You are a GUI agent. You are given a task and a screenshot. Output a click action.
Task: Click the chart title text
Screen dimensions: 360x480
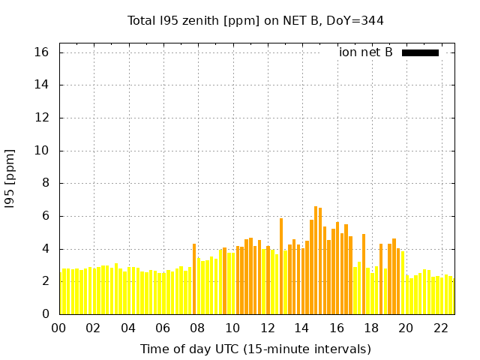click(255, 20)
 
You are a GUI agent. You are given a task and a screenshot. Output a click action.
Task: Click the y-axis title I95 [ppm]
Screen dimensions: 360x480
click(10, 178)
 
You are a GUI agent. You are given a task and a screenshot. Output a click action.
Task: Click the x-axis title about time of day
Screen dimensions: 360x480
click(255, 349)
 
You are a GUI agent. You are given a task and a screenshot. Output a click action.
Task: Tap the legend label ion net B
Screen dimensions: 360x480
click(365, 52)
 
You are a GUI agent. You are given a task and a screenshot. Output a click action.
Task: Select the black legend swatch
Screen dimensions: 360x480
click(420, 52)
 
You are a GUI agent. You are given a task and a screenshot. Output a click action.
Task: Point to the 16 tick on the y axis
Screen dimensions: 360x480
click(41, 52)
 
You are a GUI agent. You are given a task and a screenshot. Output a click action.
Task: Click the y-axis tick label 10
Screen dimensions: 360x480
click(41, 151)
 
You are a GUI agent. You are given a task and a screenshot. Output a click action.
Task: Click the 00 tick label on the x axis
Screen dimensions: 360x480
click(58, 328)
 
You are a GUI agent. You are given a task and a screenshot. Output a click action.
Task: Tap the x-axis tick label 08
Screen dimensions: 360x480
click(197, 328)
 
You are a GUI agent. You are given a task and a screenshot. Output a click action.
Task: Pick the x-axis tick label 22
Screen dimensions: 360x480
click(440, 328)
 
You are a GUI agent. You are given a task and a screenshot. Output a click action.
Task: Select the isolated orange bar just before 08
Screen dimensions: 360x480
click(194, 279)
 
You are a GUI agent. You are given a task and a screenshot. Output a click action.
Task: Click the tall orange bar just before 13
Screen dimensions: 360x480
click(281, 266)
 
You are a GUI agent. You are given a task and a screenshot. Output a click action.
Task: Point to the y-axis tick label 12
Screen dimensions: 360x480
click(41, 118)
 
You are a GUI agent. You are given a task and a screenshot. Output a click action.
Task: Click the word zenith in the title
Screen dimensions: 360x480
click(199, 20)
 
